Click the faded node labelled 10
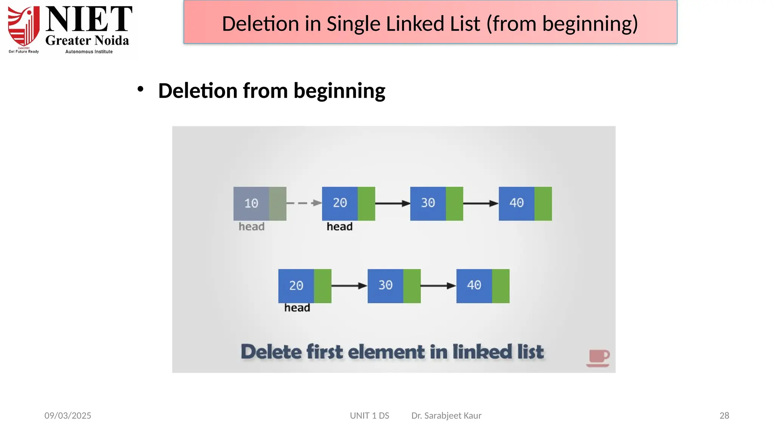[x=260, y=204]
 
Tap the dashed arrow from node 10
[x=304, y=203]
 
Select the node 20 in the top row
[x=348, y=204]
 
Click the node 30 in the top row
[x=437, y=204]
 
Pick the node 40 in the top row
[x=525, y=204]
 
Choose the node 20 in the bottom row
[x=305, y=286]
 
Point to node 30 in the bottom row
[x=394, y=286]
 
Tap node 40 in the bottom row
[x=483, y=286]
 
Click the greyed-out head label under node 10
[x=251, y=227]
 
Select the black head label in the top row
[x=339, y=227]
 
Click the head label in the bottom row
[x=297, y=308]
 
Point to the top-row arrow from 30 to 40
[x=481, y=204]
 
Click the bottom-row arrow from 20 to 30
[x=349, y=286]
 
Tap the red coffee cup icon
[x=598, y=358]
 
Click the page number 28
[x=724, y=415]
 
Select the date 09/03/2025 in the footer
[x=68, y=415]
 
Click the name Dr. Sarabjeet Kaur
[x=446, y=415]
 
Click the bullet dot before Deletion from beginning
[x=141, y=89]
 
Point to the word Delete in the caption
[x=271, y=352]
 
